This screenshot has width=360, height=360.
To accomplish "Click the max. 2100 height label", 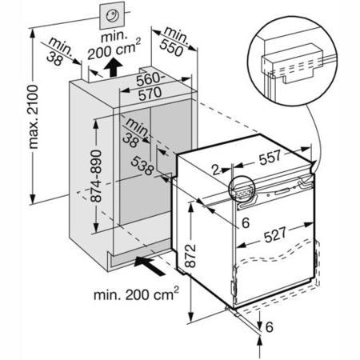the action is point(34,117).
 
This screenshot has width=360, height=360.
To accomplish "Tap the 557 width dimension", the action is point(270,158).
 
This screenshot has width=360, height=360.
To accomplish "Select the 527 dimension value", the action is point(274,234).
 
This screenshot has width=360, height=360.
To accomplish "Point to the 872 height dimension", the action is point(190,256).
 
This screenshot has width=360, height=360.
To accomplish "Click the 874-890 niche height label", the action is point(96,176).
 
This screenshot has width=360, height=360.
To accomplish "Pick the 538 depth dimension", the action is point(142,166).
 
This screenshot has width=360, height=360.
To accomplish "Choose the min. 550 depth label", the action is point(174,42).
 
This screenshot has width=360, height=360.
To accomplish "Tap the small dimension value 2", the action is point(216,170).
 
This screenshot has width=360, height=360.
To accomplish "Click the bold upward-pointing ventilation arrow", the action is point(113,67).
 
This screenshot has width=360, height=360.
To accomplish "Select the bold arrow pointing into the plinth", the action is point(149,265).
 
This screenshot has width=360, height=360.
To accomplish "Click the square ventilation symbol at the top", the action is point(112,15).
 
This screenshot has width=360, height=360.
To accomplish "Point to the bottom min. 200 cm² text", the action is point(136,294).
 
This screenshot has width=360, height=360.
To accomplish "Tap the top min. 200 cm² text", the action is point(114,46).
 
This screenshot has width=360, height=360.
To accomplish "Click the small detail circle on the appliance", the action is point(242,189).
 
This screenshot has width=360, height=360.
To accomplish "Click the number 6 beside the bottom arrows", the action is point(270,327).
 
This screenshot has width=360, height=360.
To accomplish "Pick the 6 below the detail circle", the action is point(246,223).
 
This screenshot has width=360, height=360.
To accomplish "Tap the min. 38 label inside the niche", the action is point(135,132).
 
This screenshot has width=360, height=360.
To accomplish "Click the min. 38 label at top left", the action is point(59,51).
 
